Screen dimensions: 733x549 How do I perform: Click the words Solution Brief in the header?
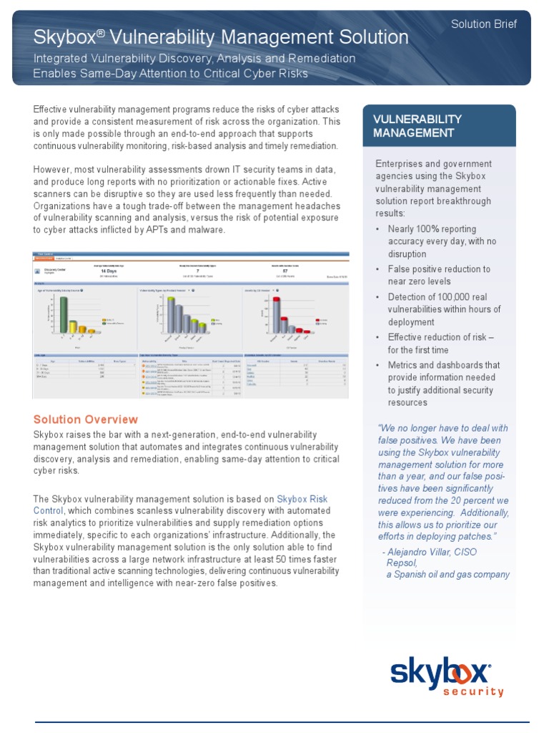tap(483, 24)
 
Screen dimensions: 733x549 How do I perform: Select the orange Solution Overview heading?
tap(86, 419)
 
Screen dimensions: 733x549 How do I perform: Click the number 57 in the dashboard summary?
tap(286, 271)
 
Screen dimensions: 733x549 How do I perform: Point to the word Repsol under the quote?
tap(400, 563)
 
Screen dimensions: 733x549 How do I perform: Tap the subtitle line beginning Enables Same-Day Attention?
tap(171, 73)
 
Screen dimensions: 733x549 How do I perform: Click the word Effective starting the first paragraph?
tap(52, 109)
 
